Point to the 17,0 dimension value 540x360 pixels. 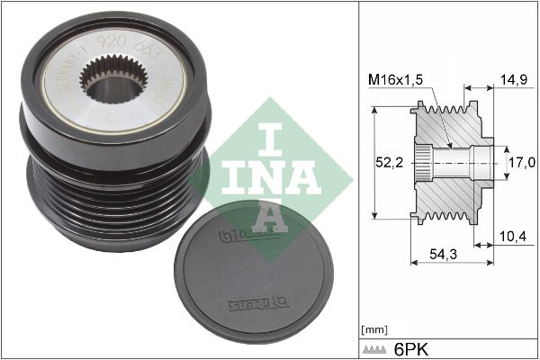pos(523,163)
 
